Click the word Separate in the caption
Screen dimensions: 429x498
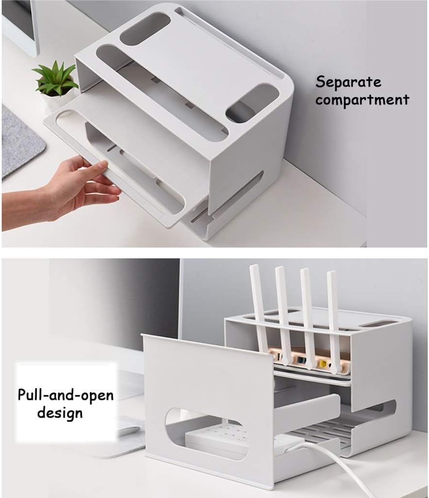[x=348, y=82]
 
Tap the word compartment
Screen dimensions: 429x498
[x=362, y=99]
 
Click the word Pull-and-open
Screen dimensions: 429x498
[x=66, y=395]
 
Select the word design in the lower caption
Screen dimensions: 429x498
[x=60, y=413]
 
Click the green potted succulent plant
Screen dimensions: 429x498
[x=55, y=79]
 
